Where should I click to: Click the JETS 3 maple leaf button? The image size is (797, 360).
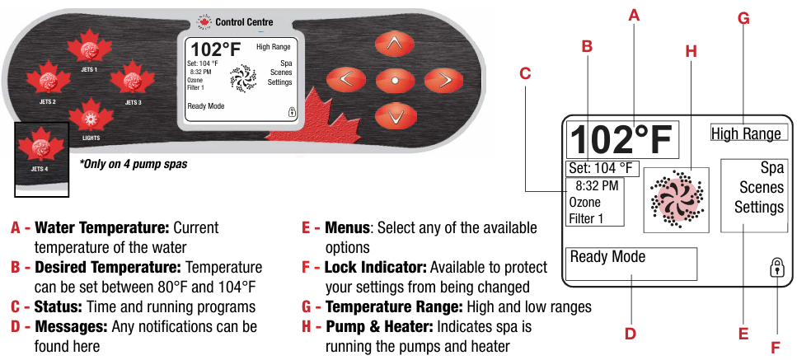(x=132, y=80)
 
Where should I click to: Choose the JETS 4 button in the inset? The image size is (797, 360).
(x=41, y=148)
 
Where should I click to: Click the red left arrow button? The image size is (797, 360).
(x=346, y=80)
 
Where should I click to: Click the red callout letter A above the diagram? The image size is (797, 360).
(x=633, y=13)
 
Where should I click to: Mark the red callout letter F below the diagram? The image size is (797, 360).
(x=776, y=347)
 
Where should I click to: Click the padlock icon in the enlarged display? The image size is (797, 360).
(x=776, y=267)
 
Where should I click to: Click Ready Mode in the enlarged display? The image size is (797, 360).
(x=608, y=257)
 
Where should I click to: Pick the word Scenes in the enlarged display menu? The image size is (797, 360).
(x=761, y=188)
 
